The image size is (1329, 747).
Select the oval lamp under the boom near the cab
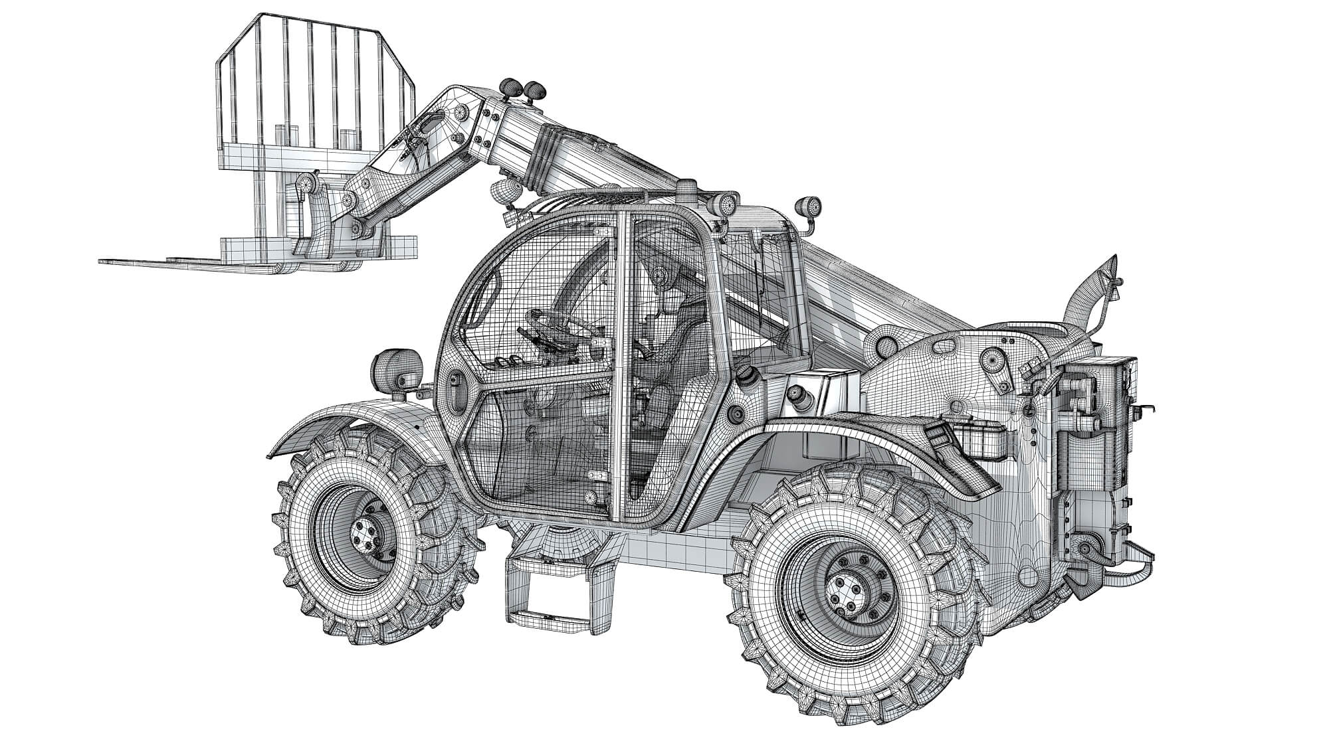click(506, 193)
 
